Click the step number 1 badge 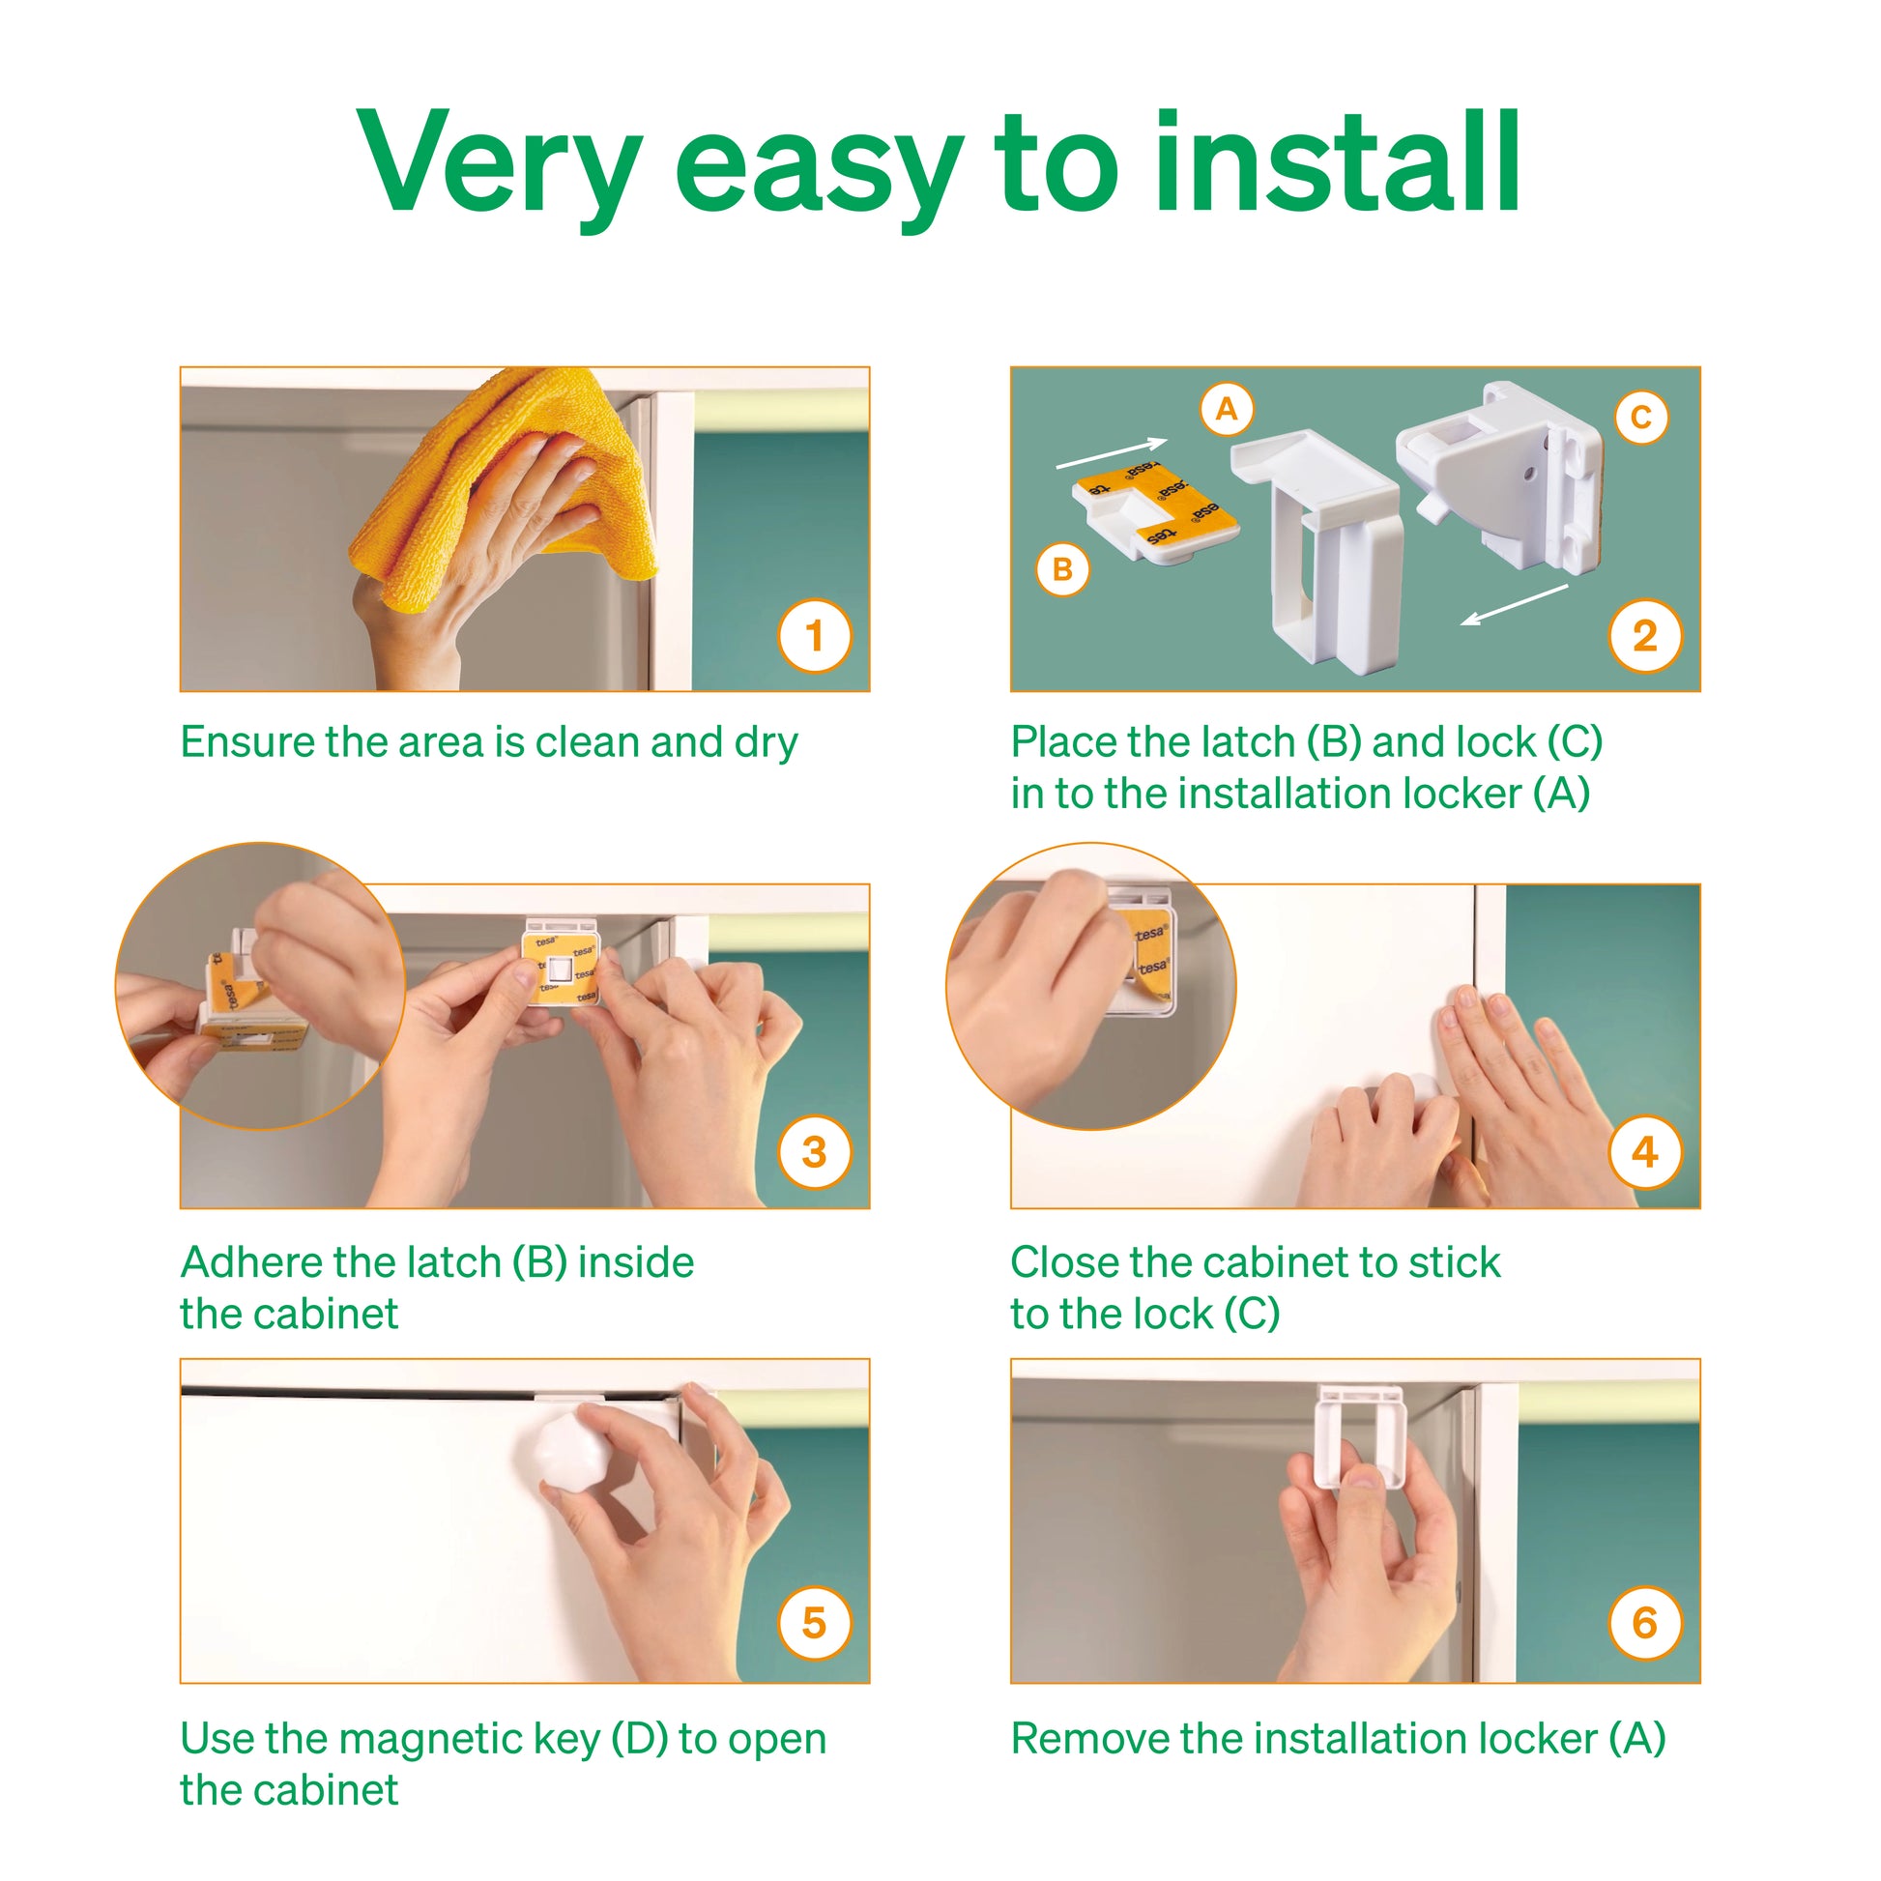(x=815, y=637)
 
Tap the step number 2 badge (x=1645, y=637)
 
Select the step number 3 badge (x=815, y=1153)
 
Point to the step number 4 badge (x=1645, y=1153)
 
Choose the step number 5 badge (x=815, y=1623)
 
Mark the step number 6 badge (x=1645, y=1623)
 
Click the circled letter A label (x=1227, y=409)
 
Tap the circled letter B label (x=1062, y=569)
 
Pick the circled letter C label (x=1641, y=418)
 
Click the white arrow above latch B (x=1112, y=453)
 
